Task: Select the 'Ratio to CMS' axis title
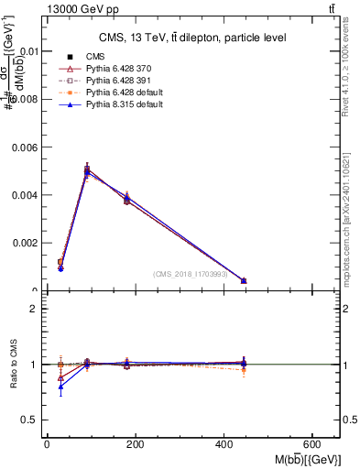[x=14, y=364]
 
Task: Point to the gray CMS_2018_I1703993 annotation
[x=191, y=274]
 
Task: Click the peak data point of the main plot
[x=87, y=170]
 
